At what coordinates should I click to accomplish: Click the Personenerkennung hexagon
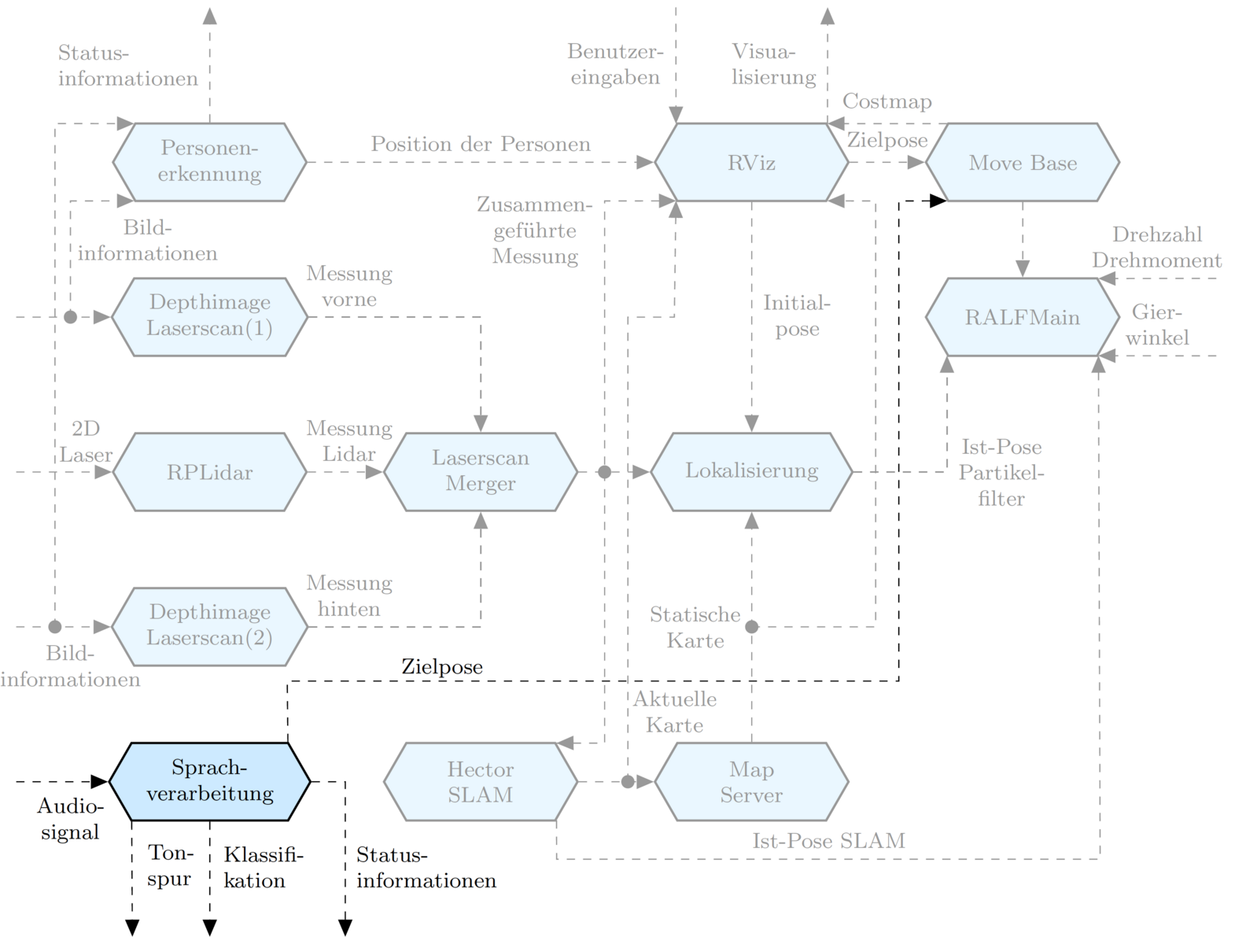click(x=209, y=161)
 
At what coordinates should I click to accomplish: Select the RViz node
click(x=751, y=162)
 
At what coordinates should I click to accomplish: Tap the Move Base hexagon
click(x=1022, y=162)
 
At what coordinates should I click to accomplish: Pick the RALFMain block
click(x=1022, y=317)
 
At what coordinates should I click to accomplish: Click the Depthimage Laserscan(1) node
click(x=209, y=316)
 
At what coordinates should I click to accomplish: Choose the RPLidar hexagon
click(x=209, y=472)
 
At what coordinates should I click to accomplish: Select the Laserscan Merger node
click(x=480, y=471)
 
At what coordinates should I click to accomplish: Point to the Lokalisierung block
click(x=751, y=471)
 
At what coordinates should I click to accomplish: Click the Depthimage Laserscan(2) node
click(x=209, y=626)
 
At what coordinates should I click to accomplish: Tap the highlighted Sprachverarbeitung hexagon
click(x=209, y=781)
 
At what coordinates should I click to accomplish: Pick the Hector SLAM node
click(x=480, y=781)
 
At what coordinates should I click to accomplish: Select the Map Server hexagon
click(x=751, y=781)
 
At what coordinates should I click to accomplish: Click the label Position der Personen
click(x=481, y=144)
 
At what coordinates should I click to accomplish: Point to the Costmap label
click(x=887, y=101)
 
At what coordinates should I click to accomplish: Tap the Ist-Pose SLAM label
click(x=828, y=841)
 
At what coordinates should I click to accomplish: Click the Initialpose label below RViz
click(x=797, y=316)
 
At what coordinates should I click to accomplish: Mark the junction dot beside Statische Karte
click(x=752, y=627)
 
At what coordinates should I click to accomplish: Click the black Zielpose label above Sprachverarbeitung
click(x=442, y=667)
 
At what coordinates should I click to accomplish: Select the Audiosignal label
click(x=70, y=819)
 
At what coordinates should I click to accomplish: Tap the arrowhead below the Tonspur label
click(x=132, y=927)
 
